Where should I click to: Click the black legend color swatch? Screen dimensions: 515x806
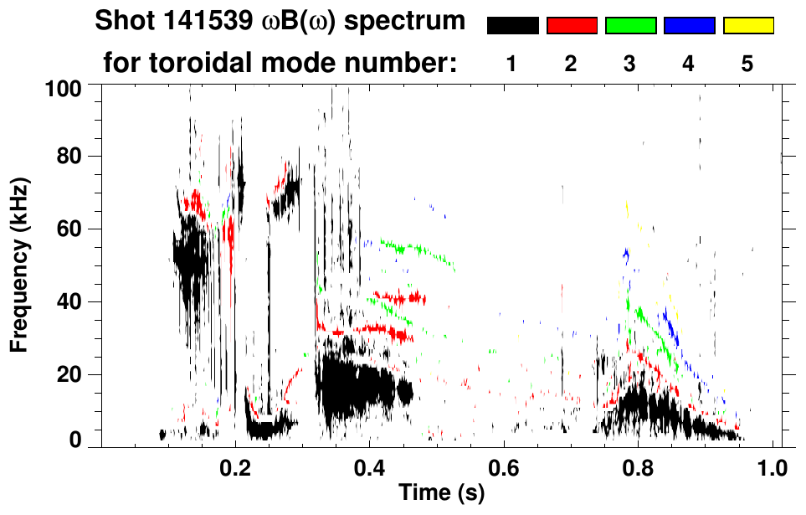pos(513,26)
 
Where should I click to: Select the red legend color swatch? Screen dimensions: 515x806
pos(572,26)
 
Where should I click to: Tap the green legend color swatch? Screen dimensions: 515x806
pos(630,26)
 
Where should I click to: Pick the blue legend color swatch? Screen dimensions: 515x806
pos(689,26)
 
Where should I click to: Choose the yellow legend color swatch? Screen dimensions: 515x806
pos(747,26)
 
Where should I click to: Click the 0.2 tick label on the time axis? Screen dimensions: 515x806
pos(235,467)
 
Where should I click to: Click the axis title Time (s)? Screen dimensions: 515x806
pos(441,493)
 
